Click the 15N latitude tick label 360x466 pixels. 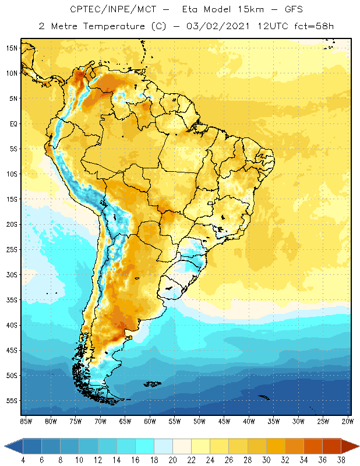tap(12, 48)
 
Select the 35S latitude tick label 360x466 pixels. tap(12, 300)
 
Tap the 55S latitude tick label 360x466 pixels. tap(12, 401)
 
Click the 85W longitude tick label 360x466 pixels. tap(26, 421)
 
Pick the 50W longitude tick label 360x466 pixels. tap(200, 421)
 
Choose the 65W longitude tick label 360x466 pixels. tap(125, 421)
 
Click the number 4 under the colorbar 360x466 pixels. tap(23, 460)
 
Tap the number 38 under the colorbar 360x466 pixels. tap(340, 460)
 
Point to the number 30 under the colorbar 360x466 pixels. tap(266, 460)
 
